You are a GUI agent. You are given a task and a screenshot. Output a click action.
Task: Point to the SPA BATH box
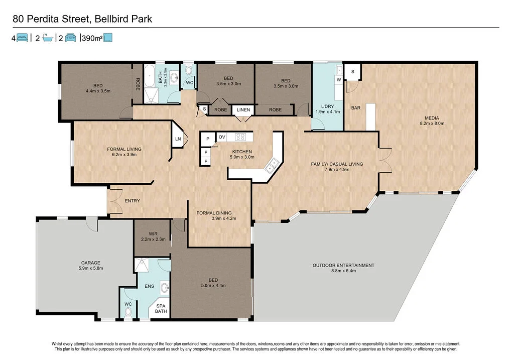point(162,308)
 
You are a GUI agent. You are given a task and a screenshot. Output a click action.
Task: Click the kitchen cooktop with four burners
point(240,136)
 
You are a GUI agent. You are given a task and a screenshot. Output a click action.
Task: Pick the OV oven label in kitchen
point(221,137)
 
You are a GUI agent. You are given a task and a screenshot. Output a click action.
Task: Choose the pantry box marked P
point(207,139)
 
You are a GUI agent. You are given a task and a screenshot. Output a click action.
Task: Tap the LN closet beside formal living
point(178,139)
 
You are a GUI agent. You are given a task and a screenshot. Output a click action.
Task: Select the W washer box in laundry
point(339,80)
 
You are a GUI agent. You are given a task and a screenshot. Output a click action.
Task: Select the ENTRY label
point(132,201)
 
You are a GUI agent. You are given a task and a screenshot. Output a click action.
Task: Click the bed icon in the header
point(22,38)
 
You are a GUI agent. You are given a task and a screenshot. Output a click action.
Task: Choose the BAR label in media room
point(355,108)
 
